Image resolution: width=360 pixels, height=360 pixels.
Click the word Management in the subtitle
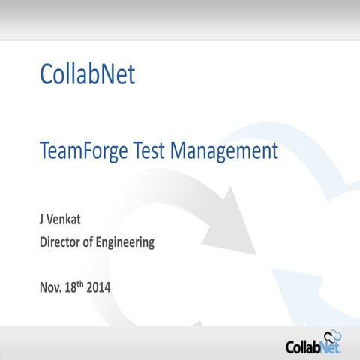click(223, 152)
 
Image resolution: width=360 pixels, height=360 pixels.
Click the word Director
click(60, 242)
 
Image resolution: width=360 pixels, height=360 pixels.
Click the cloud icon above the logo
click(332, 336)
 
